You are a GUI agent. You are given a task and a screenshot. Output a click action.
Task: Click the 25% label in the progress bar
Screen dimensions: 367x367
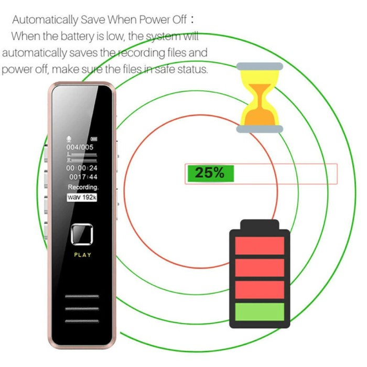(209, 174)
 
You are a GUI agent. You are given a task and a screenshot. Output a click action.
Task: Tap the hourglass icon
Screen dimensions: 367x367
(260, 98)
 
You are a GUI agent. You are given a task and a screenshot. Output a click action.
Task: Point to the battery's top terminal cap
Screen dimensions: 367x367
(260, 225)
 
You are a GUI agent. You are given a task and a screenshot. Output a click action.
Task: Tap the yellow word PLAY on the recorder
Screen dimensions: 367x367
(82, 255)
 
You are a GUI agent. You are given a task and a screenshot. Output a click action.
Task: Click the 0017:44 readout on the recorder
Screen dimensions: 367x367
(83, 177)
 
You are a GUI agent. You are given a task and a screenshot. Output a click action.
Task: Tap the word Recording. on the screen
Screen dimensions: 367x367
(83, 187)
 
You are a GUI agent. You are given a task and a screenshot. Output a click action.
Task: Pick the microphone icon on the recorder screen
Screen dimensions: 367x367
(68, 139)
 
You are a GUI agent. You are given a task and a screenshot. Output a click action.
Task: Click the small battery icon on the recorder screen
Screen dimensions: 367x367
(94, 139)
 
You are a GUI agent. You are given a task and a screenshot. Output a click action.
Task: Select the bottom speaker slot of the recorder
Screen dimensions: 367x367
(82, 319)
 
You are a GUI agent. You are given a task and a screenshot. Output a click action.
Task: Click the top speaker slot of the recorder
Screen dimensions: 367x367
(82, 297)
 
